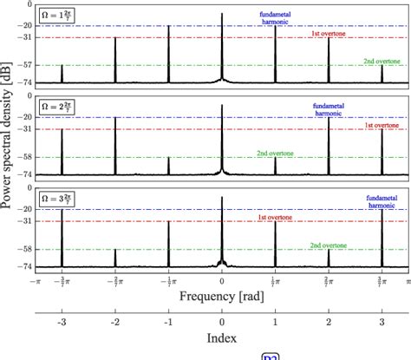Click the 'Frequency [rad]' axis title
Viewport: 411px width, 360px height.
click(x=221, y=296)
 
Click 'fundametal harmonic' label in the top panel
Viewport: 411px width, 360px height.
click(x=274, y=19)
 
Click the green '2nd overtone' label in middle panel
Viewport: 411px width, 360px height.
click(x=274, y=154)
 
